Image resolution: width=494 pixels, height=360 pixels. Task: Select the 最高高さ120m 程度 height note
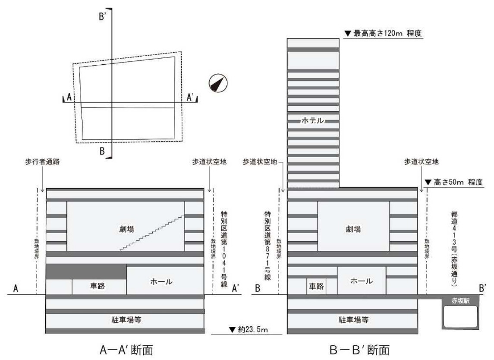tap(382, 33)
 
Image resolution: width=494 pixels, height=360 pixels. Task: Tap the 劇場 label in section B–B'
tap(353, 228)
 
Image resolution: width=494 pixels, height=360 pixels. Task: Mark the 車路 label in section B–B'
tap(316, 286)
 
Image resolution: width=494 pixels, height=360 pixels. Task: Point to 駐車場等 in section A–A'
tap(125, 320)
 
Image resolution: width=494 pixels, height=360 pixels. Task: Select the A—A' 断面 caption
tap(125, 350)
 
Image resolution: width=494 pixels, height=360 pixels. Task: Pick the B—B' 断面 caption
tap(353, 350)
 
